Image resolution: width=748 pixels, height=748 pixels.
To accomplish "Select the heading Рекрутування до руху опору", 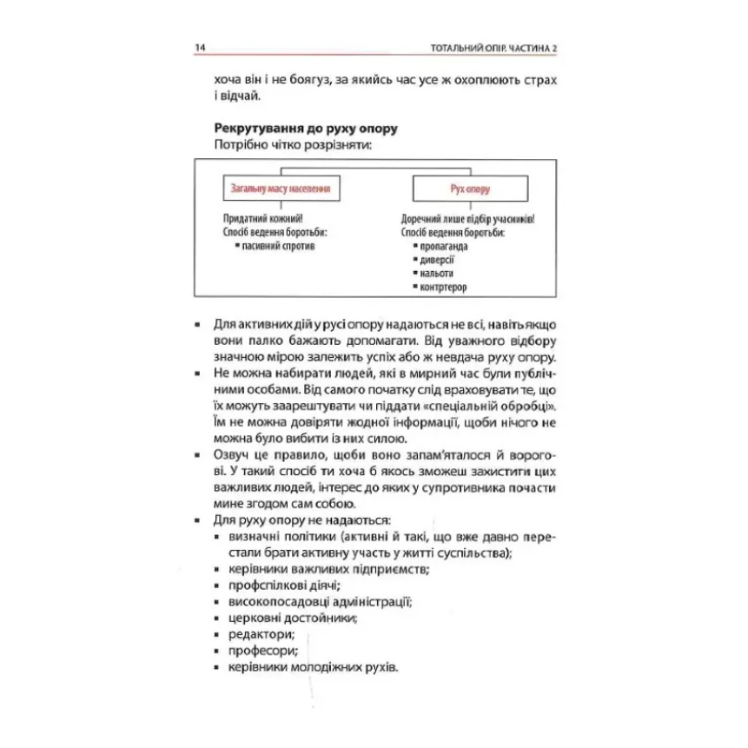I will (304, 128).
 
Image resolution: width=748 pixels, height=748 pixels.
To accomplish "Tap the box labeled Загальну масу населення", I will (281, 188).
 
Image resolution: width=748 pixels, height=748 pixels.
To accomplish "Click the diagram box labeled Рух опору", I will (470, 188).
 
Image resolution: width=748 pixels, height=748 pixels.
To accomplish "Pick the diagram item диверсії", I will (438, 260).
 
